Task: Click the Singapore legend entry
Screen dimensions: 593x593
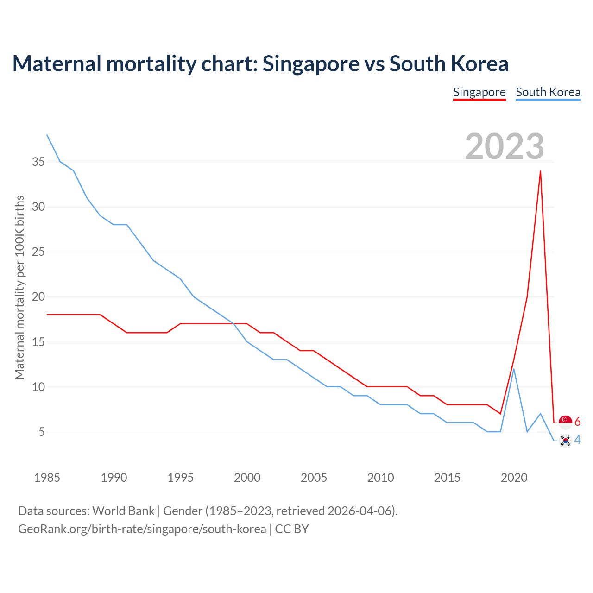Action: tap(479, 92)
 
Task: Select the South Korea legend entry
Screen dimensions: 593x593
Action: tap(548, 92)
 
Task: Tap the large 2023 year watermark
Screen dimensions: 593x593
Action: tap(505, 146)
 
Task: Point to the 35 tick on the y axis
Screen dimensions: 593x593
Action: tap(38, 162)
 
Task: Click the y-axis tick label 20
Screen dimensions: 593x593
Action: tap(38, 297)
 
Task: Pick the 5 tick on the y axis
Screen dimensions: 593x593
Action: tap(42, 432)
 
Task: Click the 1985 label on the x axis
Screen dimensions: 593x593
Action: tap(47, 478)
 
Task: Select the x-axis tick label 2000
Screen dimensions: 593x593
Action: tap(247, 478)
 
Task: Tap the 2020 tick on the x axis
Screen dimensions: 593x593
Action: tap(514, 478)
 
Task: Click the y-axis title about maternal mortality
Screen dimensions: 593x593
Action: tap(19, 287)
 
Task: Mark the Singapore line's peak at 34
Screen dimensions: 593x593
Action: tap(540, 171)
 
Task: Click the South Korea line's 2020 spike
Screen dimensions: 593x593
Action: tap(514, 369)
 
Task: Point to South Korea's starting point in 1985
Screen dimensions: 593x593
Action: tap(47, 135)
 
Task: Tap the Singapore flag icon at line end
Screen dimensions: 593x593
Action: tap(565, 422)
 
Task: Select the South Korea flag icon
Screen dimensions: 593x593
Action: tap(565, 440)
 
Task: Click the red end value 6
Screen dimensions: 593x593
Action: tap(578, 422)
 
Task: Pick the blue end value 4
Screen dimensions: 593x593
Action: tap(578, 440)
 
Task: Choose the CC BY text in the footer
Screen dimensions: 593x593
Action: tap(292, 529)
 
